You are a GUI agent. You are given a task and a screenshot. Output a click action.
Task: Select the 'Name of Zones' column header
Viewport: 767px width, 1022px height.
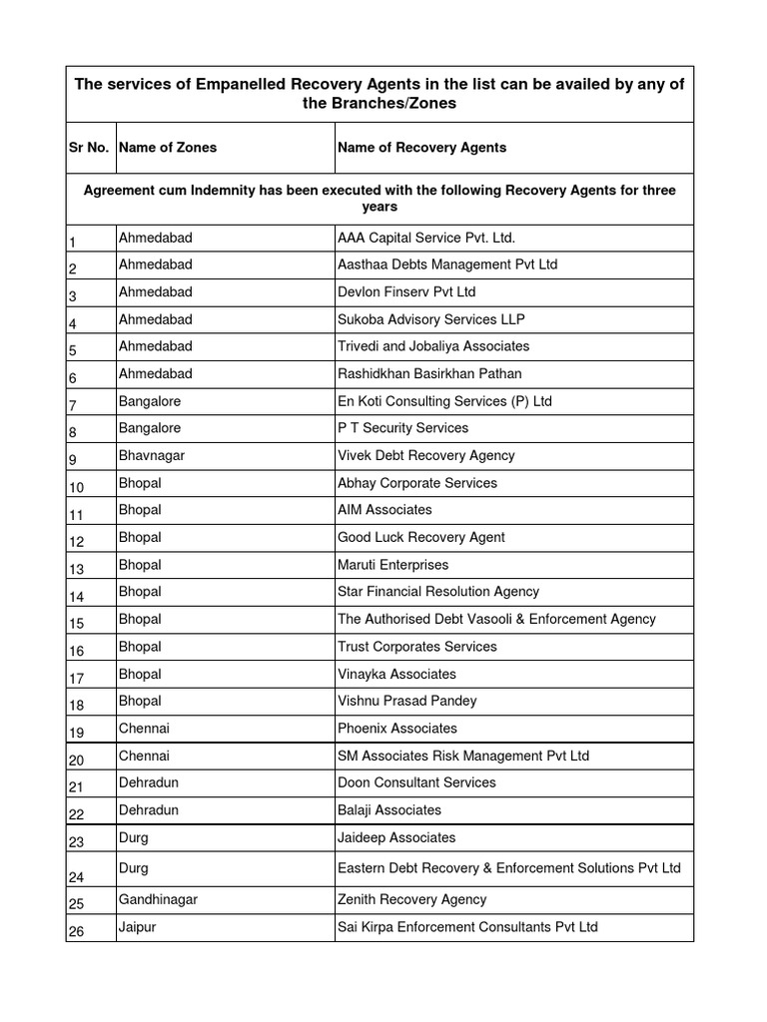pyautogui.click(x=168, y=148)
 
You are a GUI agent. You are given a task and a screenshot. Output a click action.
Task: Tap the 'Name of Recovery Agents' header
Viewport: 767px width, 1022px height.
pyautogui.click(x=421, y=148)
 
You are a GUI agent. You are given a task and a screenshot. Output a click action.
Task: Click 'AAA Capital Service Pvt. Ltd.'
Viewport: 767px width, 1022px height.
pyautogui.click(x=426, y=238)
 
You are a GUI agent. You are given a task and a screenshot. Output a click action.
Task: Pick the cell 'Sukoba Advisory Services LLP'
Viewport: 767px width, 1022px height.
pyautogui.click(x=430, y=319)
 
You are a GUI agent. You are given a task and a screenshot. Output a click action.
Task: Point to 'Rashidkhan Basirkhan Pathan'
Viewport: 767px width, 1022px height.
pyautogui.click(x=429, y=373)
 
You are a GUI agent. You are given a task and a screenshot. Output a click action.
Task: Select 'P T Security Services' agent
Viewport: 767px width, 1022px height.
pyautogui.click(x=403, y=428)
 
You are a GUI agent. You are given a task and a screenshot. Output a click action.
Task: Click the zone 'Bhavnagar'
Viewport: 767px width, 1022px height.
pyautogui.click(x=152, y=455)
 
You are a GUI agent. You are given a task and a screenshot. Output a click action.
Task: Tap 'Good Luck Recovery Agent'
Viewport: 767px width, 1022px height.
pyautogui.click(x=421, y=537)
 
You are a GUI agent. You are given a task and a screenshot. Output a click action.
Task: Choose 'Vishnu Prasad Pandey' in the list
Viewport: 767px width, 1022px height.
pyautogui.click(x=406, y=701)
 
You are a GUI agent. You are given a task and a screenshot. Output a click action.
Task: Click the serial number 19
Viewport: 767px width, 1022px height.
pyautogui.click(x=78, y=733)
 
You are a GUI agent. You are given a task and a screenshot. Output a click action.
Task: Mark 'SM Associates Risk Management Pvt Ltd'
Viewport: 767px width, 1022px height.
pyautogui.click(x=463, y=756)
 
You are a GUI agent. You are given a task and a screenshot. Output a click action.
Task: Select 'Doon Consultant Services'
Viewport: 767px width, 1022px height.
pyautogui.click(x=416, y=782)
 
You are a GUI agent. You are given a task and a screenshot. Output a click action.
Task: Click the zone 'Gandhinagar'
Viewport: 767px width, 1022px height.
pyautogui.click(x=158, y=899)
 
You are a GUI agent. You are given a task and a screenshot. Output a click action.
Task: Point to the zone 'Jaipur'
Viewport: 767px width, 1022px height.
pyautogui.click(x=138, y=927)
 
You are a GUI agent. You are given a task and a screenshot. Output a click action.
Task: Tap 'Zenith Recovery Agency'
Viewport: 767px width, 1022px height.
pyautogui.click(x=412, y=899)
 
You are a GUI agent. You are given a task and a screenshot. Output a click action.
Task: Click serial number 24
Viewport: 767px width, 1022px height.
pyautogui.click(x=78, y=877)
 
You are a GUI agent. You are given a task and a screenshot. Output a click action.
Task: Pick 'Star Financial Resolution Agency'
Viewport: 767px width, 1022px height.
pyautogui.click(x=438, y=592)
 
